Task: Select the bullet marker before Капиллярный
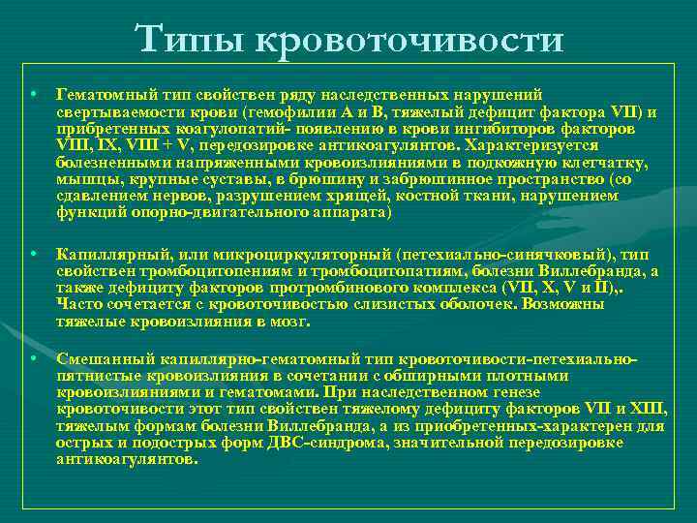coord(33,253)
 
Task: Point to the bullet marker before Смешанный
coord(33,358)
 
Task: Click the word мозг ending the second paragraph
coord(288,321)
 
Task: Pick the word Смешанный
coord(96,358)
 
